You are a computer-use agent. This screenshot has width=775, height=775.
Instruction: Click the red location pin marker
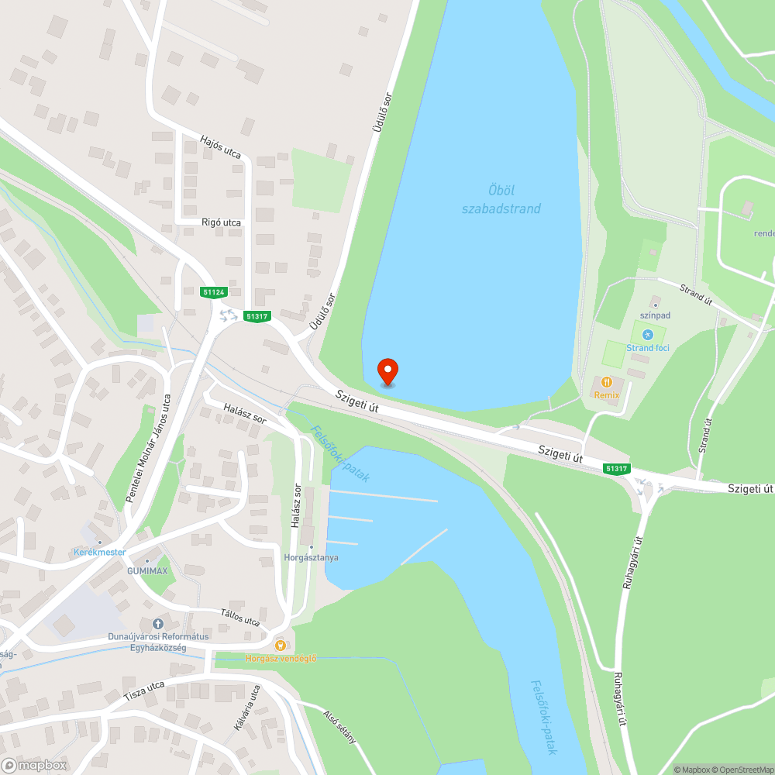(x=387, y=371)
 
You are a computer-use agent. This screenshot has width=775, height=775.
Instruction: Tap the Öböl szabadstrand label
(x=501, y=199)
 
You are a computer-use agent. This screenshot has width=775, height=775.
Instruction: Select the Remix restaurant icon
(x=608, y=381)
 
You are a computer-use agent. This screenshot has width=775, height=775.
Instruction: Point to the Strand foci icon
(x=649, y=334)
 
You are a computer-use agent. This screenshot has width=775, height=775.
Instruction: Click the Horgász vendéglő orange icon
(x=281, y=645)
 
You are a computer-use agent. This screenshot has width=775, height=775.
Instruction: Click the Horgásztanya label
(x=311, y=557)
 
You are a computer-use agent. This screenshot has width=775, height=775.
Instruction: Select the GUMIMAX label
(x=147, y=570)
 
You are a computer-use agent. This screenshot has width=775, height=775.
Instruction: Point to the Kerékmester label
(x=99, y=552)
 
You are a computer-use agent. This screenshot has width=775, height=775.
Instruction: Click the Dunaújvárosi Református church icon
(x=158, y=624)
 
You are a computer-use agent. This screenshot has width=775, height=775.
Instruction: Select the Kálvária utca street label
(x=247, y=708)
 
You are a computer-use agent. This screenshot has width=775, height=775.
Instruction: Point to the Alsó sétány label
(x=341, y=726)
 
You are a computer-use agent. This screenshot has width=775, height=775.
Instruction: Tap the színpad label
(x=655, y=315)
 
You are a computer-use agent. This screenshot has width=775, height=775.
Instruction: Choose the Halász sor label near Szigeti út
(x=245, y=413)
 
